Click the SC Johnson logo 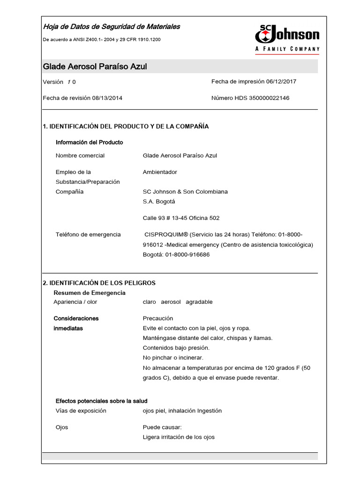click(287, 37)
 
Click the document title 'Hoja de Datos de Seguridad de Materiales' click(111, 27)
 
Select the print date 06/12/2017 click(281, 82)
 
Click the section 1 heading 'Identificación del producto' click(126, 127)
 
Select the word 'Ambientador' click(160, 172)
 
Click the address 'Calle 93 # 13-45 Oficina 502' click(181, 218)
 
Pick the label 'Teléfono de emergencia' click(88, 234)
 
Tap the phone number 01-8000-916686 click(187, 255)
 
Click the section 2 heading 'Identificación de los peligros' click(99, 283)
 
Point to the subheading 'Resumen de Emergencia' click(90, 293)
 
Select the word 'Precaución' click(158, 318)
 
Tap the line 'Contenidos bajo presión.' click(176, 348)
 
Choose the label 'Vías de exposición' click(81, 411)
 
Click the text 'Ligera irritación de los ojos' click(179, 437)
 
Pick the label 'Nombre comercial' click(80, 156)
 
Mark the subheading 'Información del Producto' click(90, 142)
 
